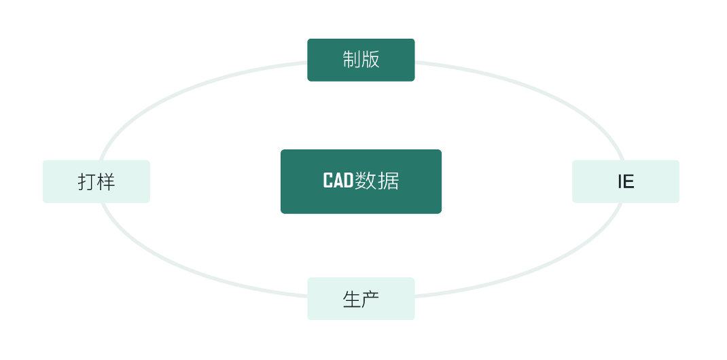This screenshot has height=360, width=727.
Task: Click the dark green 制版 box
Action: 361,60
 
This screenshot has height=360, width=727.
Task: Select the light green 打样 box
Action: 96,181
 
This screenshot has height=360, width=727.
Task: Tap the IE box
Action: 625,181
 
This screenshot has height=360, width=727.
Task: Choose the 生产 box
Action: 361,298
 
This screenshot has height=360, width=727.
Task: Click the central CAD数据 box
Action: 361,181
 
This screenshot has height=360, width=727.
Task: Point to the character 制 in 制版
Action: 352,60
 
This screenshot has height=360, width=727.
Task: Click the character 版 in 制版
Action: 370,60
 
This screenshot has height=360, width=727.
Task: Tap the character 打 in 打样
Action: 87,181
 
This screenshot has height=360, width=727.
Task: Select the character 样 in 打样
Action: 106,181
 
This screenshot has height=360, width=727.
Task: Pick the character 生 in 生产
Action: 352,299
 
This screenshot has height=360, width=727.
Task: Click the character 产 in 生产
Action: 370,299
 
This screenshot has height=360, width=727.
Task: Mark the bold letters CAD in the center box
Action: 338,181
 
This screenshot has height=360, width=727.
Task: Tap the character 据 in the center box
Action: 389,181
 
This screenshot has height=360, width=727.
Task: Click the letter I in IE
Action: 620,182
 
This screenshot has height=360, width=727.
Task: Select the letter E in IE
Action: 628,182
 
